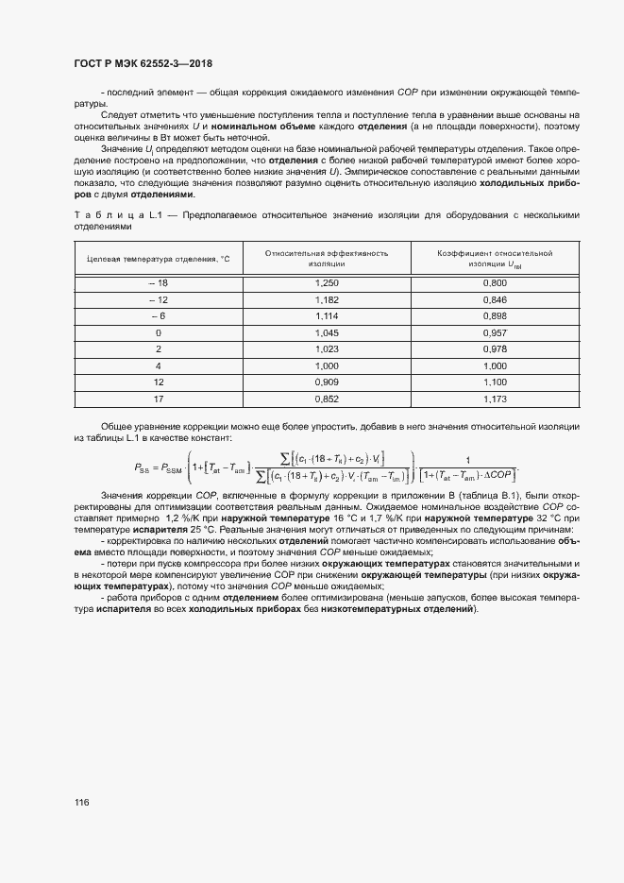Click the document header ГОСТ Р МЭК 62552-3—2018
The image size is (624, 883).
click(x=143, y=63)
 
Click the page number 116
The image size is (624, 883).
click(x=81, y=803)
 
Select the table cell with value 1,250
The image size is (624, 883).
click(x=328, y=282)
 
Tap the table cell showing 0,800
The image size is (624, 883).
click(x=495, y=282)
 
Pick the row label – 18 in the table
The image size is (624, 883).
click(x=158, y=282)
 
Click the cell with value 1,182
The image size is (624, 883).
click(x=328, y=299)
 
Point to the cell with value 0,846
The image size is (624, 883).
click(x=495, y=299)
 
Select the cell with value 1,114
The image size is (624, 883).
click(x=328, y=315)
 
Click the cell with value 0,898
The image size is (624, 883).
click(x=495, y=315)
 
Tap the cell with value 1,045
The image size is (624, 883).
click(x=328, y=332)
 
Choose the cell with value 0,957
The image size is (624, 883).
click(x=495, y=332)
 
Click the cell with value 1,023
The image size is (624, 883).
click(x=328, y=348)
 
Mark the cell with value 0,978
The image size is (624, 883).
click(x=495, y=348)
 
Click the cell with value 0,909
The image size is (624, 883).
click(x=328, y=382)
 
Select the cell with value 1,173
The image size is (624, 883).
click(x=495, y=398)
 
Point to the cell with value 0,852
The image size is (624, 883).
click(x=328, y=398)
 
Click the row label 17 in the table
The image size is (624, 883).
click(x=158, y=398)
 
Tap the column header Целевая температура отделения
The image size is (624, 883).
click(x=158, y=259)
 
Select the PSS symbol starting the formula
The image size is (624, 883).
click(x=144, y=467)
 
